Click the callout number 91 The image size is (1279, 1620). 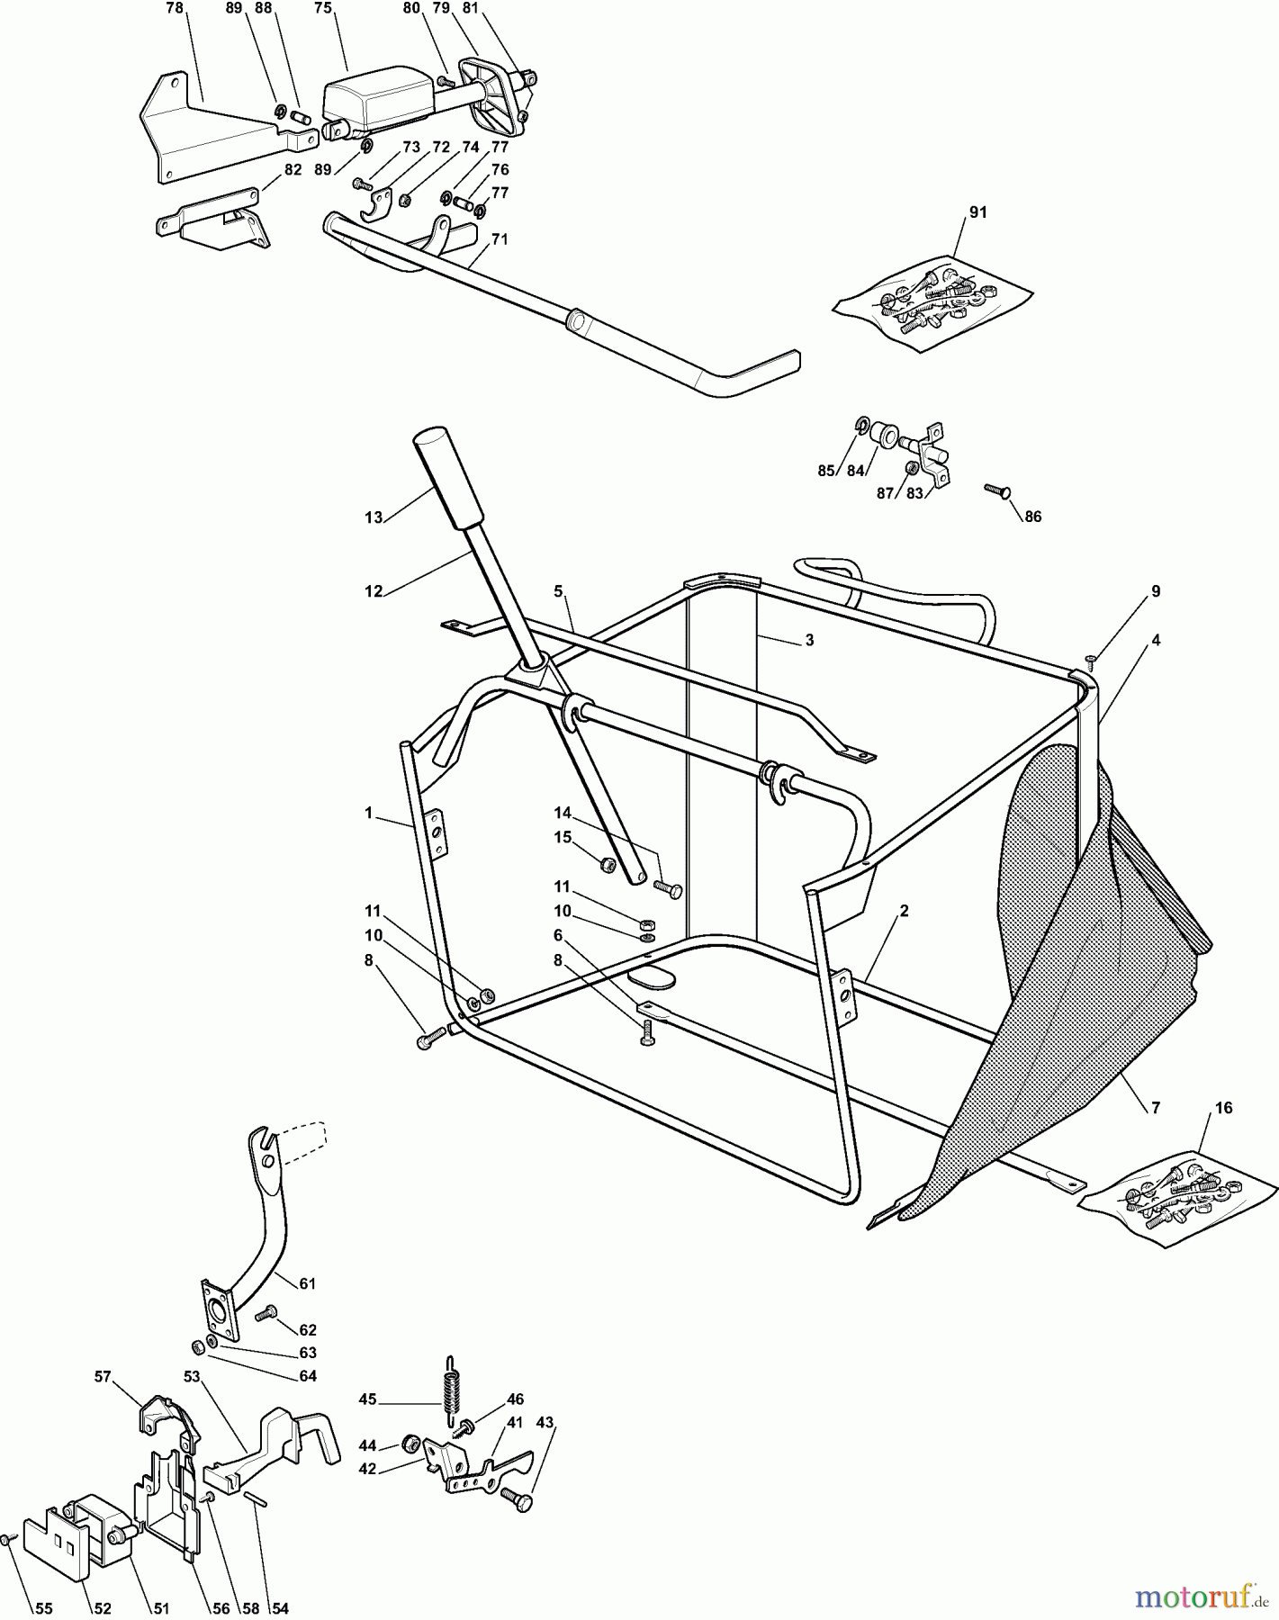point(977,212)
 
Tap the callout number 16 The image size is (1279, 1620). point(1224,1108)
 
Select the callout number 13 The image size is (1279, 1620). point(374,517)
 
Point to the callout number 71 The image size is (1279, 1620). point(500,239)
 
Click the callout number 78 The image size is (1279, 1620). point(175,8)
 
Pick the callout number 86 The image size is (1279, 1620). point(1033,517)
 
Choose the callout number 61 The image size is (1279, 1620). point(308,1283)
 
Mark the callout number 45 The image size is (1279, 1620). point(367,1399)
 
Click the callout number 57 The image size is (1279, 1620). point(103,1376)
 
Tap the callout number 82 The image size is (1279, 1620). point(293,169)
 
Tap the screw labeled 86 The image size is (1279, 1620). point(998,490)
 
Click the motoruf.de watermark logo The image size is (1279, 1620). point(1198,1597)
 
